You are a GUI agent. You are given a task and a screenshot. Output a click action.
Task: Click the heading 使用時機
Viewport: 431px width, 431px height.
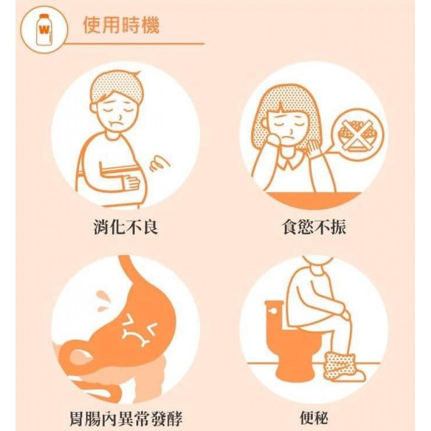point(121,25)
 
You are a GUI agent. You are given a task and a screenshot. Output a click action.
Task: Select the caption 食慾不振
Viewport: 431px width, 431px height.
point(314,227)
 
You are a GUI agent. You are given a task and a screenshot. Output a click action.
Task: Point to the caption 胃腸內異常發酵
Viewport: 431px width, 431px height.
point(126,419)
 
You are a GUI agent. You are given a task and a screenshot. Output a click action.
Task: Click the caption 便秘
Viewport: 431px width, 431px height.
point(314,419)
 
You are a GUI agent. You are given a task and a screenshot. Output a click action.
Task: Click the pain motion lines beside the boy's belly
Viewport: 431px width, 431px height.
point(159,164)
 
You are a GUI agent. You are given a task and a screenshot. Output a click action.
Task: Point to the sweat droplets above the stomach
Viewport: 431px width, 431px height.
point(104,299)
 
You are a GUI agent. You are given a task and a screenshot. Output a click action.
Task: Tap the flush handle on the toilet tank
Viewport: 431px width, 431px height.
point(272,311)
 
